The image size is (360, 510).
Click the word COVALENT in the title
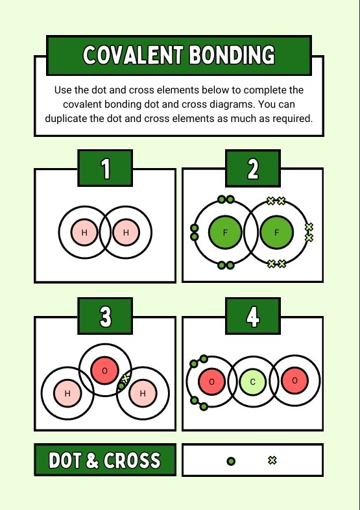133,55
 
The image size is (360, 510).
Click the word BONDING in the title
232,55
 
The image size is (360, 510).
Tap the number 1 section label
105,168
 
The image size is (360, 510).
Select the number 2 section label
253,169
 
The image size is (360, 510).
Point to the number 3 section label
105,316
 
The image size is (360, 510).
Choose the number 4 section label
253,316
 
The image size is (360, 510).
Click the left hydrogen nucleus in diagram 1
84,232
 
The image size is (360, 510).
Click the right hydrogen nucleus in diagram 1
126,232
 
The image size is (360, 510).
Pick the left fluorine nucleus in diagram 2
225,232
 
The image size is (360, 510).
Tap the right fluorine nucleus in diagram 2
277,232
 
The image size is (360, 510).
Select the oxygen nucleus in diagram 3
104,370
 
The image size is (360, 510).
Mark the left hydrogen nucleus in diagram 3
67,393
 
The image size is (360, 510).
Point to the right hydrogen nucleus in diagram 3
143,393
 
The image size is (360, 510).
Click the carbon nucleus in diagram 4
253,382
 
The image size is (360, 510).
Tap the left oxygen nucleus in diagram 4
211,382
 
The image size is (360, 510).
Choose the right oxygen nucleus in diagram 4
294,380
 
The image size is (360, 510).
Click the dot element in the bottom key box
231,461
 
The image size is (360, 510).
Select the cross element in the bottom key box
272,460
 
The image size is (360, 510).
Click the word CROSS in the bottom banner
132,460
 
